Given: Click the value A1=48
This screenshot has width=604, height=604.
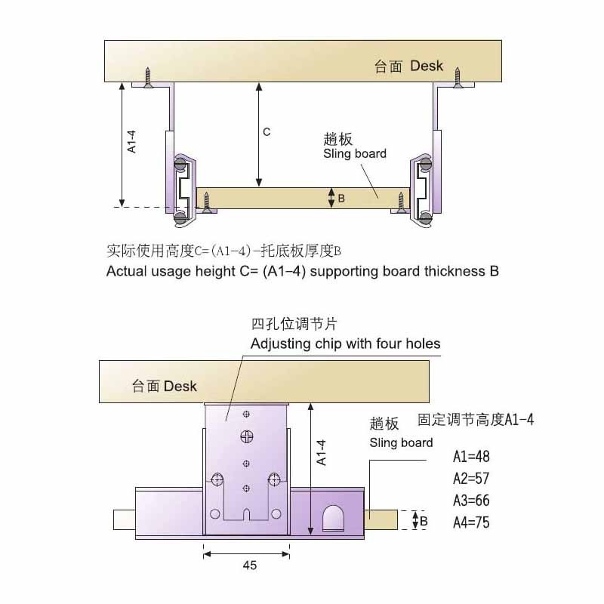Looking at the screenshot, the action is coord(471,457).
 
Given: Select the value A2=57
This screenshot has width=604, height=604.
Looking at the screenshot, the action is coord(471,479).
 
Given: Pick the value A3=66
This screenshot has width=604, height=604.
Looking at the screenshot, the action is coord(471,501).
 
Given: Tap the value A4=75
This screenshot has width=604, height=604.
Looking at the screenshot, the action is coord(471,522).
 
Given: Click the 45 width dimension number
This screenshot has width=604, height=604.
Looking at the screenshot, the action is coord(250,565).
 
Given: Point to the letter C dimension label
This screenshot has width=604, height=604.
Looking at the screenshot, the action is coord(267,132).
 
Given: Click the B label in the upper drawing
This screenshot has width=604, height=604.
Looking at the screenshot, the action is coord(341,199).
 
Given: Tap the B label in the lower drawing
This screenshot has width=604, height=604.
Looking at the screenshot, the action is coord(424,521).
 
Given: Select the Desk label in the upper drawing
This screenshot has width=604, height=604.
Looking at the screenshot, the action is coord(427,66).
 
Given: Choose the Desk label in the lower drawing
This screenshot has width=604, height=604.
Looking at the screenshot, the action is coord(180,386).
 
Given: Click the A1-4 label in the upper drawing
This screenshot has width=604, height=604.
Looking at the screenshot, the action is coord(131,142).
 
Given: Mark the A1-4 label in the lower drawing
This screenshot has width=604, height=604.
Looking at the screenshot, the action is coord(322,452).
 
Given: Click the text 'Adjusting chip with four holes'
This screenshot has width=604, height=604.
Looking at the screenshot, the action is coord(345,344).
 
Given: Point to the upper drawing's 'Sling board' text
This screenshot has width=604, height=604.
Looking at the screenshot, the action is coord(355,153).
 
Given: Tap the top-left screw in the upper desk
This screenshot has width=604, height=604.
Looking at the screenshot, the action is coord(147,78).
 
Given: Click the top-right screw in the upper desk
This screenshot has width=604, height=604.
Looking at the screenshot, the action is coord(458,78).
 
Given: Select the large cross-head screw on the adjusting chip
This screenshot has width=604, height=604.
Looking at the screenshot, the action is coord(247,437).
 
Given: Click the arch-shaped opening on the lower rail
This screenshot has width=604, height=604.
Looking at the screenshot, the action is coord(334,518).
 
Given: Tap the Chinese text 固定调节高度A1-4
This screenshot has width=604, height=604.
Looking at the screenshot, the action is coord(476,420).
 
